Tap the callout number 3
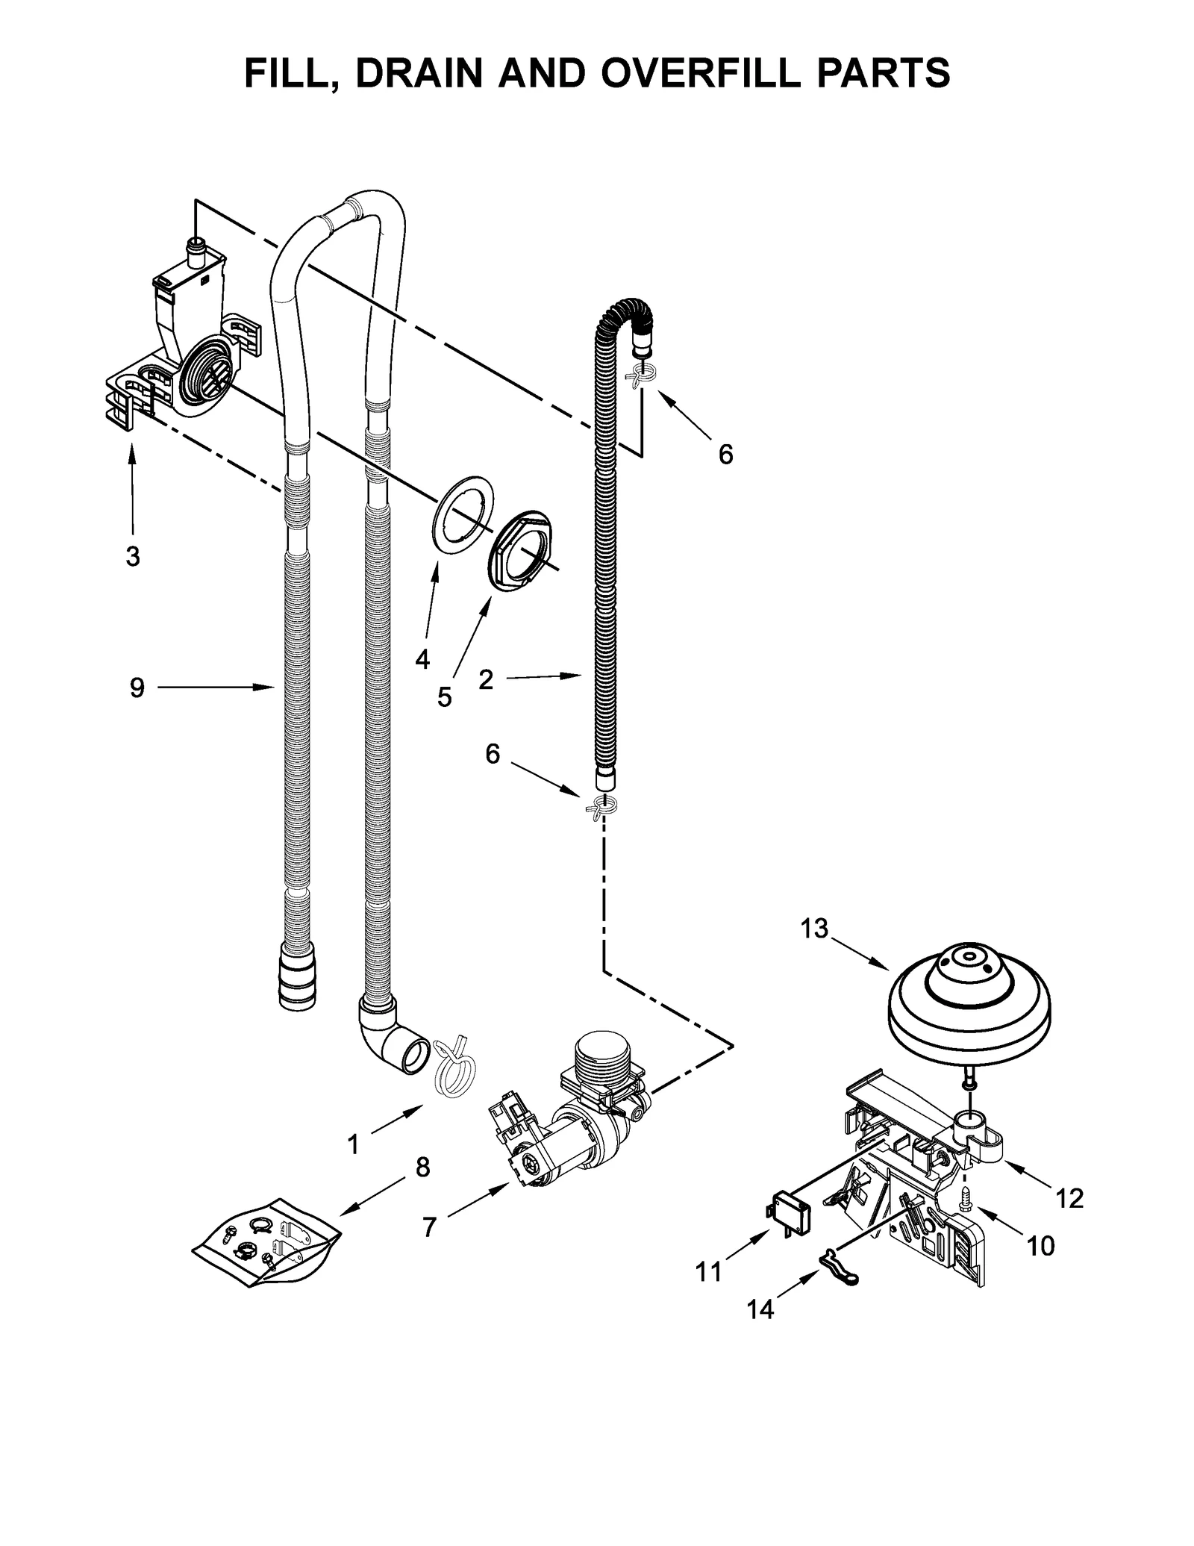(x=133, y=556)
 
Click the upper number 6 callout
(x=725, y=454)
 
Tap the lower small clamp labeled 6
(x=602, y=808)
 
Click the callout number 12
(x=1069, y=1198)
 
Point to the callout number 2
(x=486, y=679)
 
